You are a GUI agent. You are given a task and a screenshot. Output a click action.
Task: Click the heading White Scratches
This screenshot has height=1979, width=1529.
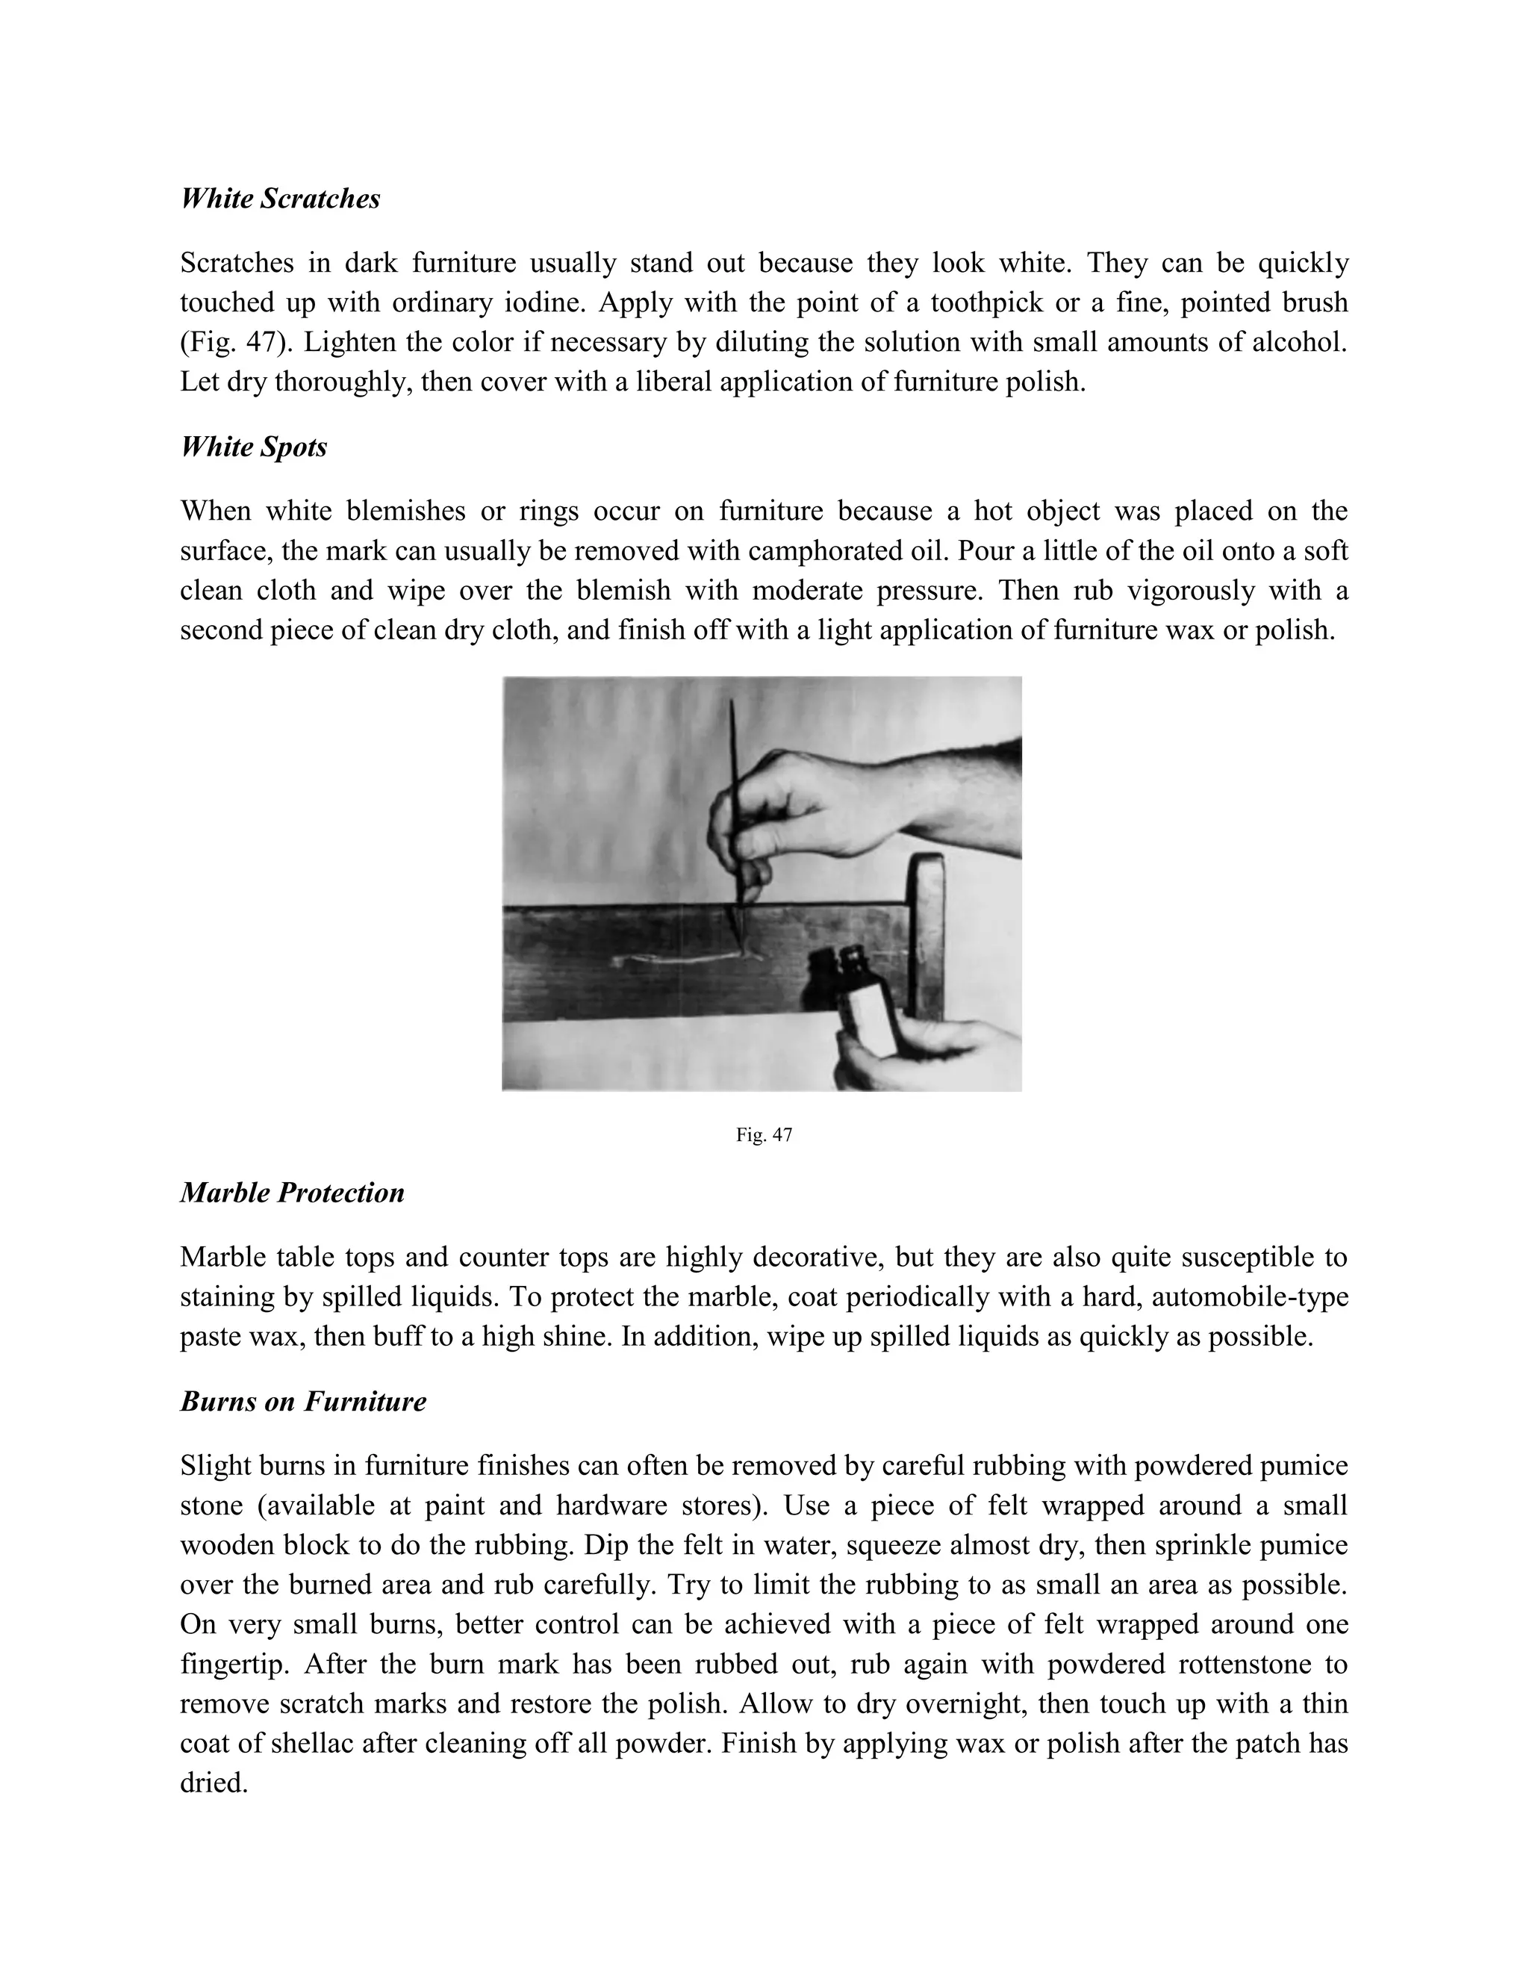280,199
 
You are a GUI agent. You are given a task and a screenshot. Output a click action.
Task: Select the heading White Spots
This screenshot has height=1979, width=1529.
254,447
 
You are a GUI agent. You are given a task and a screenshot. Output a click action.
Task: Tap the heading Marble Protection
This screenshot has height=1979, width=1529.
292,1193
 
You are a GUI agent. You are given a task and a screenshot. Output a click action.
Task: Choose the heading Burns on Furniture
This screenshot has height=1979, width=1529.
302,1402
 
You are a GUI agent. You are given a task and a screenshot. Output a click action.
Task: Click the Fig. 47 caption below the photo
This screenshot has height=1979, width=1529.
764,1134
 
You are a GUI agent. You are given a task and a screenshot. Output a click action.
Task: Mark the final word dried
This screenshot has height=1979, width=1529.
214,1783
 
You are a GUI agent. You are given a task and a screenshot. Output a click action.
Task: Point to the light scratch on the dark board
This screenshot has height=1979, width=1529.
675,958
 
